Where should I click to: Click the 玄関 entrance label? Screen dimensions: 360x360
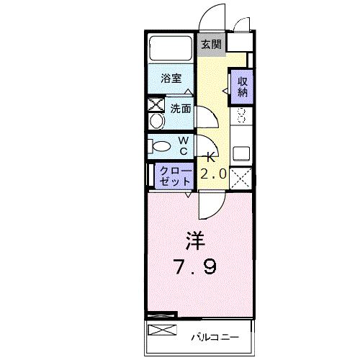tap(211, 44)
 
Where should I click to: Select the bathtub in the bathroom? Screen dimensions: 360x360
tap(171, 48)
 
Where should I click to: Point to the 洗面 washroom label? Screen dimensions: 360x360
tap(180, 109)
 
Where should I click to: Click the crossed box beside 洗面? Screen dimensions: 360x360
tap(156, 103)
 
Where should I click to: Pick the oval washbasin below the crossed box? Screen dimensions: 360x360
tap(156, 120)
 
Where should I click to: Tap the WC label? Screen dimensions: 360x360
tap(183, 145)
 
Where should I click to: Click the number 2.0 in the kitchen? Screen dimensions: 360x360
tap(213, 174)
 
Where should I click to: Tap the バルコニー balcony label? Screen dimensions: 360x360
tap(212, 336)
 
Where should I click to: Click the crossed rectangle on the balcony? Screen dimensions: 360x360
tap(162, 330)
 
